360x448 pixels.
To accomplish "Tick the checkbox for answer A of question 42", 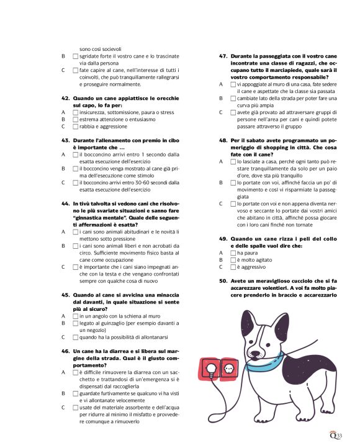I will (x=76, y=112).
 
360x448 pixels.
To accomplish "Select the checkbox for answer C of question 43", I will (x=76, y=182).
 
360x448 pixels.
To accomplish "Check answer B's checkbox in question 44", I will (x=76, y=245).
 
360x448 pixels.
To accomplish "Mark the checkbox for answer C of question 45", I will (x=76, y=337).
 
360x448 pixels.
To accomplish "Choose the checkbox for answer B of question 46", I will (x=76, y=393).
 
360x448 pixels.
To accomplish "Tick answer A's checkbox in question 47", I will (x=233, y=84).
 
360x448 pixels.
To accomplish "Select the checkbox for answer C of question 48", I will (x=233, y=203).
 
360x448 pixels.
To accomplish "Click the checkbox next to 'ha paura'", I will (x=233, y=253).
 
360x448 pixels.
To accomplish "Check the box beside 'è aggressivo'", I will (x=233, y=267).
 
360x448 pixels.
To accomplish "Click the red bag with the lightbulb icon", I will (x=211, y=370).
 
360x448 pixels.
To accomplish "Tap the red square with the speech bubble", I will (x=231, y=369).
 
